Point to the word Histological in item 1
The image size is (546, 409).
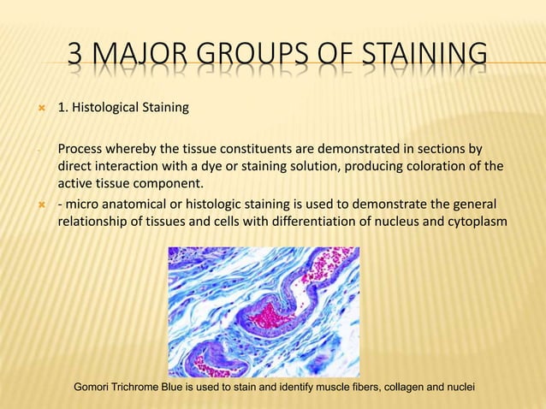pyautogui.click(x=104, y=108)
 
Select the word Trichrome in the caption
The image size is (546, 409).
pyautogui.click(x=145, y=388)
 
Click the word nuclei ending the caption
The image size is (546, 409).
pyautogui.click(x=456, y=388)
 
